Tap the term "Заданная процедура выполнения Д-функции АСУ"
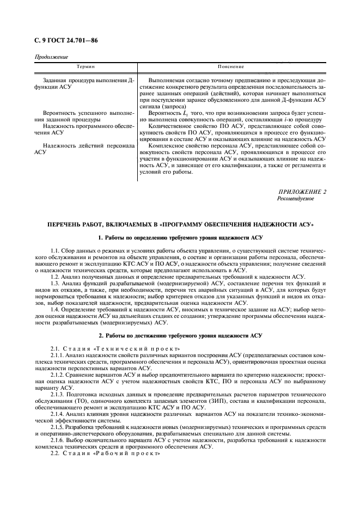point(84,84)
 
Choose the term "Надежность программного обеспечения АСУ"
point(84,129)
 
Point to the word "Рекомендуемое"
point(296,199)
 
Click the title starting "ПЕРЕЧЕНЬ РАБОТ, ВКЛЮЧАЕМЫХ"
point(180,225)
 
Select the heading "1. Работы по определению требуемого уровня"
point(180,238)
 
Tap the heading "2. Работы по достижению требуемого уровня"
point(180,335)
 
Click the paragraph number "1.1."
point(54,250)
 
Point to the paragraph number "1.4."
point(55,308)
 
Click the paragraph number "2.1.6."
point(57,440)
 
